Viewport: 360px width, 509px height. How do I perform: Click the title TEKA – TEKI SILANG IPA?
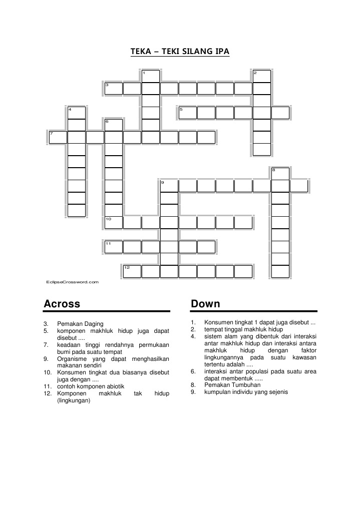click(x=180, y=51)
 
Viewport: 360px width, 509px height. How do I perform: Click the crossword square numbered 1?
click(x=151, y=76)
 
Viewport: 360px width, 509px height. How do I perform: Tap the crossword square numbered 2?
click(x=262, y=76)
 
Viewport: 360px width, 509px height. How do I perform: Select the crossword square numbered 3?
click(x=114, y=89)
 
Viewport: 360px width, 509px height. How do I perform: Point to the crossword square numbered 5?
click(x=188, y=113)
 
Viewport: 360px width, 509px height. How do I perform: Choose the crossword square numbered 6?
click(x=114, y=125)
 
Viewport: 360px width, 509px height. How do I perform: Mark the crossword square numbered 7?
click(x=58, y=137)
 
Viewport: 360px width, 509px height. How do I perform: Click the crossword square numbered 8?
click(x=280, y=174)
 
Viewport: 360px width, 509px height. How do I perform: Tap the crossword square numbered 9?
click(x=169, y=186)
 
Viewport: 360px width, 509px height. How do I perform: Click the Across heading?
click(x=62, y=304)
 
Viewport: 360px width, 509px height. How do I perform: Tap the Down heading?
click(x=206, y=304)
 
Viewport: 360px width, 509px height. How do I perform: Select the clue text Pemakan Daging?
click(x=81, y=324)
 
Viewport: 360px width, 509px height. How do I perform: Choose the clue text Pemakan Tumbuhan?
click(x=232, y=385)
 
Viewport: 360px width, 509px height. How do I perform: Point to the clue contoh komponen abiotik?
click(x=91, y=386)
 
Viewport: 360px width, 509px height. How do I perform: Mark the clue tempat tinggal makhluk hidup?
click(x=243, y=329)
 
